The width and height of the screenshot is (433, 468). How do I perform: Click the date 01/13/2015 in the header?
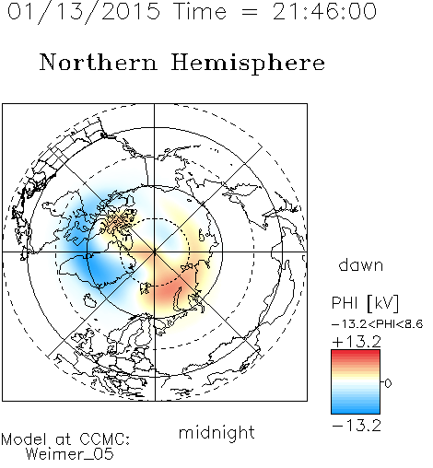84,12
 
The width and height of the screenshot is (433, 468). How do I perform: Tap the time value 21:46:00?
324,12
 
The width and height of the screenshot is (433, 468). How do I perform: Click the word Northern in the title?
99,62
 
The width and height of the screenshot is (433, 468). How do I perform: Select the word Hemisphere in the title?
248,64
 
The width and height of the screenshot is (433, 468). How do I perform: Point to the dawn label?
361,264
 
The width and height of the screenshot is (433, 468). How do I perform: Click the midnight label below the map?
216,432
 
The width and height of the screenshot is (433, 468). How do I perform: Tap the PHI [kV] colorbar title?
365,303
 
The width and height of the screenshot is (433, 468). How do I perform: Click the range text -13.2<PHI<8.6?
378,324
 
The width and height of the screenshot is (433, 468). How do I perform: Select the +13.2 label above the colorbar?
357,342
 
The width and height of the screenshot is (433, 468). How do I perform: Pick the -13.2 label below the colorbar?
357,426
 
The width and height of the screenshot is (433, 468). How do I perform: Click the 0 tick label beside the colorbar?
388,383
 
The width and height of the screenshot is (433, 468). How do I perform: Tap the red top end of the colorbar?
356,353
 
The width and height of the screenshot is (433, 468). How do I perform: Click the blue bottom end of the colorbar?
356,411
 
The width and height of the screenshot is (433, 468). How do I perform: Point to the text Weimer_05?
70,454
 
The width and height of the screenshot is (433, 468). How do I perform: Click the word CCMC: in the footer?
105,439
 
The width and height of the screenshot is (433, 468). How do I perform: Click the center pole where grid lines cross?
155,252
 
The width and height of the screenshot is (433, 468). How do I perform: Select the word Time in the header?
200,12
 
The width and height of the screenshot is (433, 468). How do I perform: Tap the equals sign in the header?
250,12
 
